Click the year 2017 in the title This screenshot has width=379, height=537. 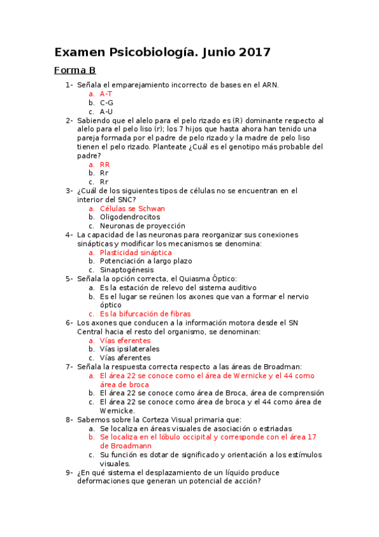click(254, 53)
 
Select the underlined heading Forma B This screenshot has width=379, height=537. click(75, 70)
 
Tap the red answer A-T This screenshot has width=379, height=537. click(106, 94)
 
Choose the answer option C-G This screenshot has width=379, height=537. click(106, 103)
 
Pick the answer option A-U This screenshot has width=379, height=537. click(106, 111)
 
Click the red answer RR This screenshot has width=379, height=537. click(105, 164)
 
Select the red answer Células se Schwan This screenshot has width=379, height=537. click(132, 208)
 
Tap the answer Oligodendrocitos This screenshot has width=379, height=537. click(130, 217)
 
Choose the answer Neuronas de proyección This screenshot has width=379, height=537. click(142, 225)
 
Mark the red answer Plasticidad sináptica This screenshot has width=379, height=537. click(135, 252)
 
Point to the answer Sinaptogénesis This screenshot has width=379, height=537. click(127, 270)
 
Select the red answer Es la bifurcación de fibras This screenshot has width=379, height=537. click(145, 313)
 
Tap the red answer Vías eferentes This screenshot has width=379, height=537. click(125, 340)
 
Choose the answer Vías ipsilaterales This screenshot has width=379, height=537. click(130, 349)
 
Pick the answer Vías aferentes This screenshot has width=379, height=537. click(125, 358)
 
